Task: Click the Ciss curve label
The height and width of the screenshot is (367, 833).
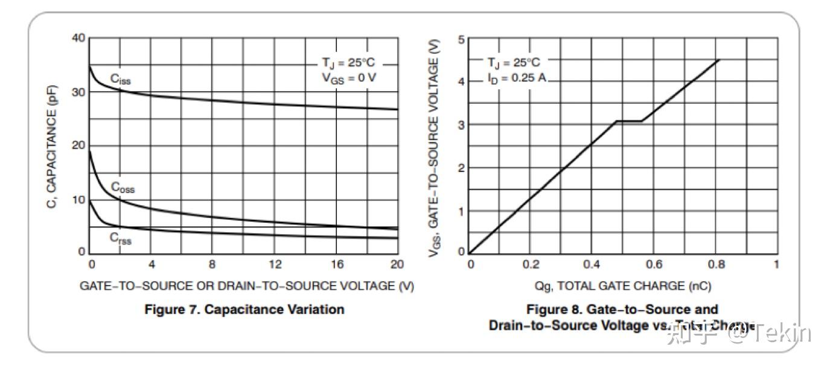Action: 120,79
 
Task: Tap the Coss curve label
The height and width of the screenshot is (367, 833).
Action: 123,188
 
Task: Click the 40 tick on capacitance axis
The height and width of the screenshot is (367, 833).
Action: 78,38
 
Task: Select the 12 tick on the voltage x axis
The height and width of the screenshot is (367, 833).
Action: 275,264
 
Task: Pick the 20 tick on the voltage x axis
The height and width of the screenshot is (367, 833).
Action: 397,264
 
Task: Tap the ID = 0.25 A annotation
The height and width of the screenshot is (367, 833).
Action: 517,77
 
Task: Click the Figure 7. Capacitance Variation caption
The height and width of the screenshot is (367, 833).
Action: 244,310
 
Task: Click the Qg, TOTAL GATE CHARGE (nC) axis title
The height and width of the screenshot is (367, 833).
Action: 622,286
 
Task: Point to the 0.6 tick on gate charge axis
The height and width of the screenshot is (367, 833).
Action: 654,264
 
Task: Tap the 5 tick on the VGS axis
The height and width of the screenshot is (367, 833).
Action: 461,39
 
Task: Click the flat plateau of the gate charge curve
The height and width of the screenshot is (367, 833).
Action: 629,121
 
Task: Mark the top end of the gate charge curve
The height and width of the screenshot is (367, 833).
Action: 720,59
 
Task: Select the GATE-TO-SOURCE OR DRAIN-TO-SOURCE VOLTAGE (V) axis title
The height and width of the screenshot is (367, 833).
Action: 247,286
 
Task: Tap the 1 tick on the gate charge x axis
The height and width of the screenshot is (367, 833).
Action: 776,264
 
